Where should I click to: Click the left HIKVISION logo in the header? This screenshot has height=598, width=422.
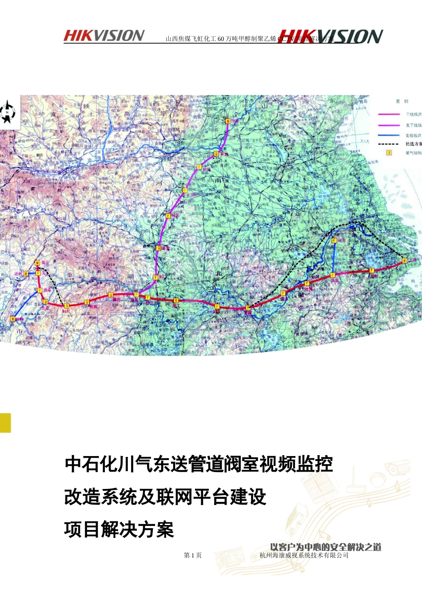[104, 36]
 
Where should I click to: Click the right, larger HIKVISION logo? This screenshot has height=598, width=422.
[331, 37]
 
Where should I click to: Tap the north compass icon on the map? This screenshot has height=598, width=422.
[8, 112]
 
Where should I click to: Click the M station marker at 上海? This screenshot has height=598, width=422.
[405, 260]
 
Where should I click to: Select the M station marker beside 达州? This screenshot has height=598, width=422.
[26, 273]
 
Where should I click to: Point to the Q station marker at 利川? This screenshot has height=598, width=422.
[66, 306]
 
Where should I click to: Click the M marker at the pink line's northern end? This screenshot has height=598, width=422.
[228, 121]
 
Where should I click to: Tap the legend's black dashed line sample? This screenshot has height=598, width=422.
[388, 144]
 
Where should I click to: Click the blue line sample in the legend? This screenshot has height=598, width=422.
[388, 135]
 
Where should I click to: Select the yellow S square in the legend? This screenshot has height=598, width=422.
[389, 153]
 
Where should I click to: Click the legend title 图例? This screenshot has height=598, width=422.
[402, 101]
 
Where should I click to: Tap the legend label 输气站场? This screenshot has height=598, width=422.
[413, 153]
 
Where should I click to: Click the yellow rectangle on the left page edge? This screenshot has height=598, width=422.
[5, 423]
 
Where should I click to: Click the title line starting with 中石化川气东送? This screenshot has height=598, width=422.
[199, 465]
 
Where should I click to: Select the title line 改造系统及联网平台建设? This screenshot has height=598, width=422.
[165, 497]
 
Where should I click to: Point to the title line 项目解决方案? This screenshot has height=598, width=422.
[119, 530]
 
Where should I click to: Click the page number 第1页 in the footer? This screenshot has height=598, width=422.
[193, 555]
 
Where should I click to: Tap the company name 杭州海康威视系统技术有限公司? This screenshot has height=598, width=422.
[304, 555]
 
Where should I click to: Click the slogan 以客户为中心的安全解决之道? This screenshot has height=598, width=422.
[326, 547]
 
